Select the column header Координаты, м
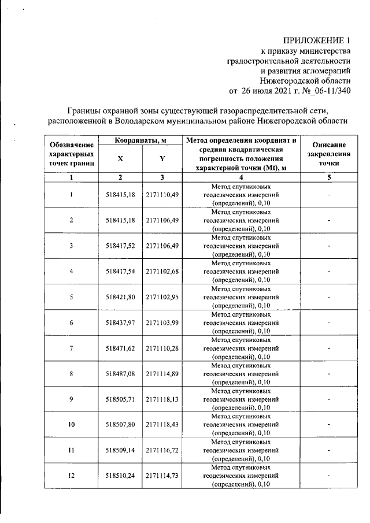140,140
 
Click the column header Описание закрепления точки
328,154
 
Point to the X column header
120,159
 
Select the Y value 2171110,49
162,195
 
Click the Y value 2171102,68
162,271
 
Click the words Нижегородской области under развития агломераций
305,81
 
